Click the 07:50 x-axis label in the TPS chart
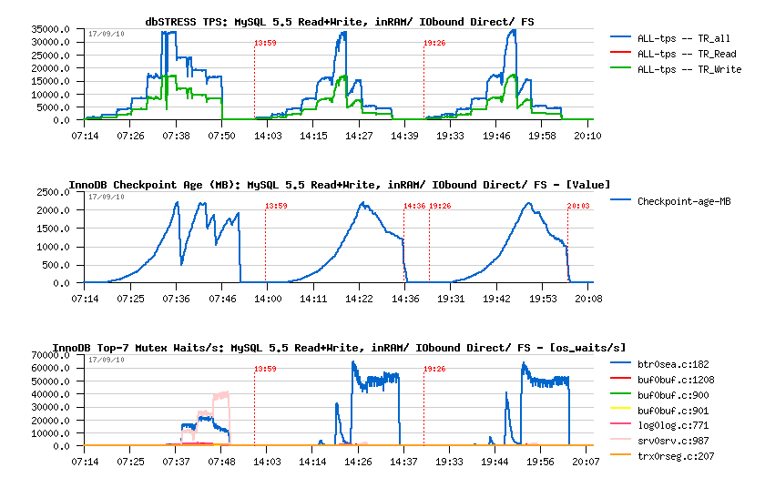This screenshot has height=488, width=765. [x=222, y=137]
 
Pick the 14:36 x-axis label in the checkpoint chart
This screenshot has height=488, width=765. [x=406, y=299]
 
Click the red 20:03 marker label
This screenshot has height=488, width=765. [x=578, y=206]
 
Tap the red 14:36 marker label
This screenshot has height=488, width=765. [x=414, y=206]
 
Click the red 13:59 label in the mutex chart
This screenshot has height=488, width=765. [x=265, y=369]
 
